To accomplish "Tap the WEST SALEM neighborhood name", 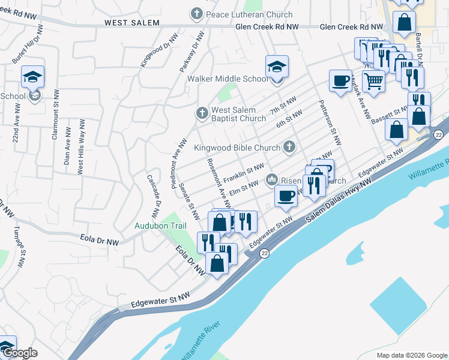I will [131, 23].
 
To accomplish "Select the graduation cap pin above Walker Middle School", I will [277, 67].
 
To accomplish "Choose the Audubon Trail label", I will [159, 226].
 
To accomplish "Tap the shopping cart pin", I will [373, 81].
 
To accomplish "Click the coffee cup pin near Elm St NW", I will [286, 196].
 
